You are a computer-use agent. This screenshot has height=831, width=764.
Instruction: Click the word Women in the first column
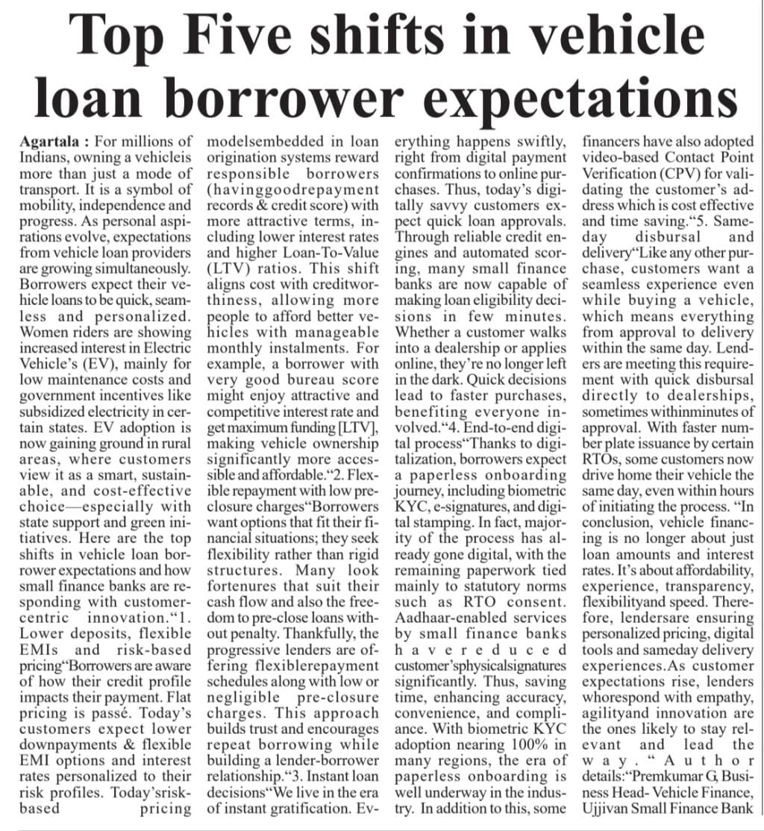(x=40, y=332)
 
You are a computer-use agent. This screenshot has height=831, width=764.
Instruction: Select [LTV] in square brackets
(x=359, y=425)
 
